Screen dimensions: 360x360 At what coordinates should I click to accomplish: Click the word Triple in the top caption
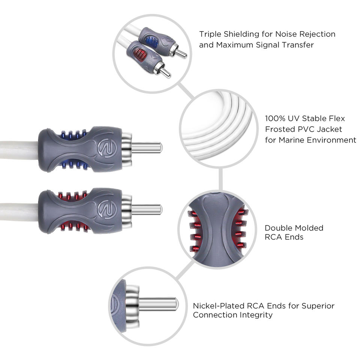[x=210, y=34]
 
